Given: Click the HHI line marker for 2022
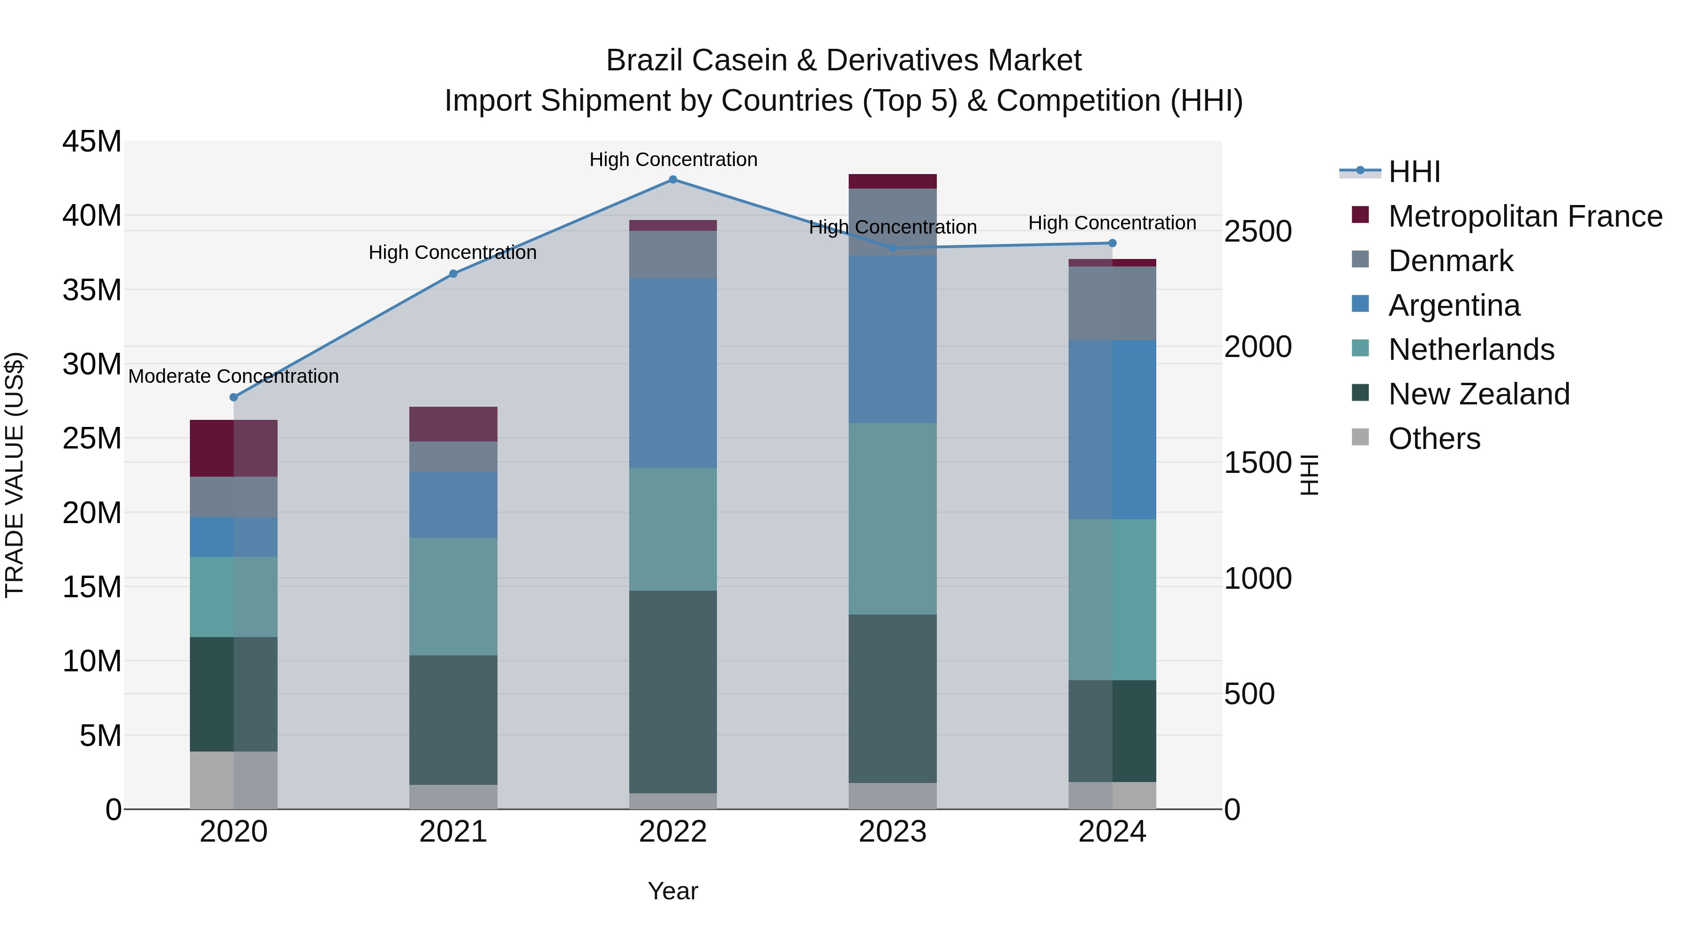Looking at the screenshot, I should coord(672,179).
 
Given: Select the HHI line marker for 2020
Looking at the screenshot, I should coord(234,397).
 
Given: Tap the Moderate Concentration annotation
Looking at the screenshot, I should coord(234,376).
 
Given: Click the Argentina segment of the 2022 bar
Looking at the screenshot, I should coord(672,372).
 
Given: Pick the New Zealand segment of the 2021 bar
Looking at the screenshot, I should coord(453,719).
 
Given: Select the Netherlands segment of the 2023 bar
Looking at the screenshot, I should coord(892,518).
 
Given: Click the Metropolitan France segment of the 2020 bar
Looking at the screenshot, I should coord(234,448).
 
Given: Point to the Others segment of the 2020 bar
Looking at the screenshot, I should coord(234,780).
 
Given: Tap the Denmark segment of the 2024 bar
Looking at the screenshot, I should coord(1112,303).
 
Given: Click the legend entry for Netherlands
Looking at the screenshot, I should coord(1470,350).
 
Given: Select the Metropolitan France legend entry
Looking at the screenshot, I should coord(1524,216).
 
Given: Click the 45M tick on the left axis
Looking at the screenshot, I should coord(92,142).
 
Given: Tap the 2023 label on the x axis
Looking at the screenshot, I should coord(892,832).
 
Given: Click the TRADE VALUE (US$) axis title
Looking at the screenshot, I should coord(15,475).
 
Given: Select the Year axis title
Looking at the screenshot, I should coord(672,891).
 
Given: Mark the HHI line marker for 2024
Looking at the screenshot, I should coord(1112,243).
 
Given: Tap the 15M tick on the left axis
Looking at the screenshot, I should coord(92,587).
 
